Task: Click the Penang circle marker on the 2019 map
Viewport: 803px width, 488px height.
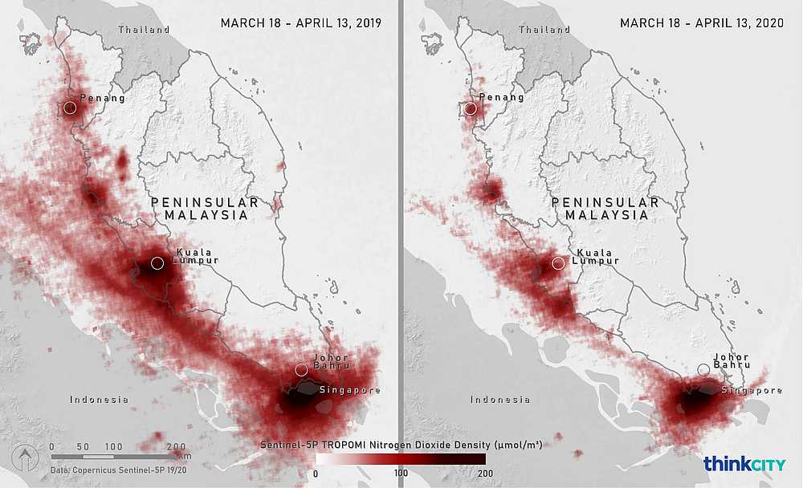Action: click(x=70, y=108)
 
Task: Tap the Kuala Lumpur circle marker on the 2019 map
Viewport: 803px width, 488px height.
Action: click(x=157, y=263)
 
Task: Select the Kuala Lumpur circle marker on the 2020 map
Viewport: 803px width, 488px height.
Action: click(x=558, y=263)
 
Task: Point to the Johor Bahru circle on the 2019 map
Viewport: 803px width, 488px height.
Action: click(x=301, y=370)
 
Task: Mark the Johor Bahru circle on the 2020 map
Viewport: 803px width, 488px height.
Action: click(x=703, y=370)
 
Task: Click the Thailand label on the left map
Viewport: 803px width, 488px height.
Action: click(x=145, y=30)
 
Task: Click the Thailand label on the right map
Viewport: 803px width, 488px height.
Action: click(x=544, y=30)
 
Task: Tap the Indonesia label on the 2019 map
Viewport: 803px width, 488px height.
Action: click(x=99, y=400)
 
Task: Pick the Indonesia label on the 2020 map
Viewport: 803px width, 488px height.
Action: click(x=499, y=400)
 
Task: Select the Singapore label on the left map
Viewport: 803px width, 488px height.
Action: click(x=351, y=391)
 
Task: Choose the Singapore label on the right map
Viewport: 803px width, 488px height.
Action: click(x=752, y=391)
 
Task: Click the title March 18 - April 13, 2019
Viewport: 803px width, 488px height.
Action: click(x=300, y=23)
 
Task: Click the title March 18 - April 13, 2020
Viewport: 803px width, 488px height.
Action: click(x=701, y=23)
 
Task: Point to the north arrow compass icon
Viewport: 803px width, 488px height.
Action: click(x=25, y=458)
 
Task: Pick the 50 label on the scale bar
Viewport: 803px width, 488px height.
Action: click(x=82, y=446)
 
